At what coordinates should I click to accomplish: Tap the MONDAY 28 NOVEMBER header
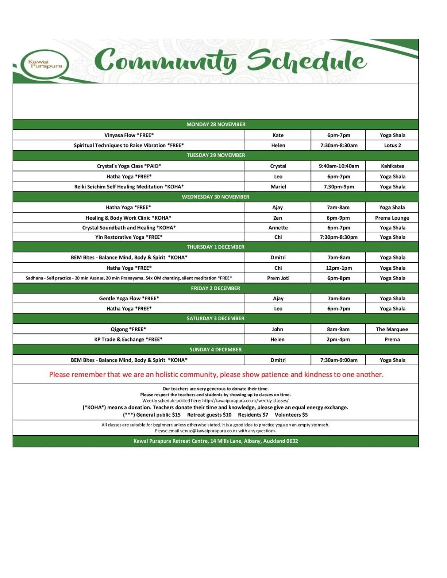click(x=216, y=124)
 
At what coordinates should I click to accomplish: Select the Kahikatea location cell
click(x=392, y=166)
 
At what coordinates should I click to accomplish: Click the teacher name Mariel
click(x=278, y=187)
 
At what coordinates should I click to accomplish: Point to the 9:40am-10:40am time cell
click(x=339, y=166)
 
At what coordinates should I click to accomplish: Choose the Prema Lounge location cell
click(x=392, y=218)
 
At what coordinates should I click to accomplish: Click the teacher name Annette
click(x=278, y=228)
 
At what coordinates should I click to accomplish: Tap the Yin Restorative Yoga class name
click(x=129, y=237)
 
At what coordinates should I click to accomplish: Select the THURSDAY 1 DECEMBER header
click(x=216, y=247)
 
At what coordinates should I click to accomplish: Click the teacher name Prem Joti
click(x=278, y=278)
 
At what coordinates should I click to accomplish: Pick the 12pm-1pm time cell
click(x=339, y=268)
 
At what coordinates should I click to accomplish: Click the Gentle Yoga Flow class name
click(x=129, y=298)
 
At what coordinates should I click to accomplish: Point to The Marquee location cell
click(x=392, y=329)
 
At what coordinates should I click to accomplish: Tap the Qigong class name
click(x=128, y=329)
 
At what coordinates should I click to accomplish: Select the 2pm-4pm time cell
click(x=338, y=339)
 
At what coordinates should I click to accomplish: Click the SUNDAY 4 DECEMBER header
click(x=216, y=350)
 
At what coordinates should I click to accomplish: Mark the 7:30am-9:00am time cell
click(x=339, y=360)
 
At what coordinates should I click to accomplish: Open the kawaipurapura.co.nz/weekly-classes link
click(x=245, y=401)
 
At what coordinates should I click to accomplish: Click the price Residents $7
click(x=253, y=415)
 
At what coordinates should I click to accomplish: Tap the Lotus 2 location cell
click(x=392, y=145)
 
